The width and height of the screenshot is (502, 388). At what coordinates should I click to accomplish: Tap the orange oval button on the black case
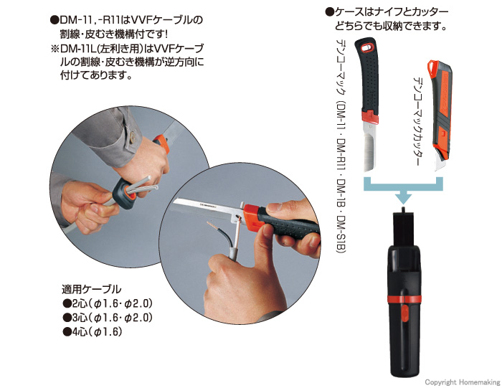(x=404, y=313)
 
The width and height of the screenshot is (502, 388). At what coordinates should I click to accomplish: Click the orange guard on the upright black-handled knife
(x=370, y=116)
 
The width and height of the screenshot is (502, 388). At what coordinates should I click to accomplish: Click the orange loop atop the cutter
(x=432, y=66)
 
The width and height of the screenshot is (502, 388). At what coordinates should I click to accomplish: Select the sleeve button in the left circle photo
(x=132, y=138)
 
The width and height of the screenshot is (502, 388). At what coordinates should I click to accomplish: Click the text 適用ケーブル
(x=91, y=289)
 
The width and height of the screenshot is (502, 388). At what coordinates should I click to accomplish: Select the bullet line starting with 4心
(x=93, y=331)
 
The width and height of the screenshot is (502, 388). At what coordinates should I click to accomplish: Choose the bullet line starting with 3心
(x=108, y=318)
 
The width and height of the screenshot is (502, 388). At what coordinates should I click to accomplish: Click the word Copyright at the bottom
(x=440, y=382)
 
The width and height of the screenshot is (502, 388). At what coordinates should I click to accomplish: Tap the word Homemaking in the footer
(x=479, y=382)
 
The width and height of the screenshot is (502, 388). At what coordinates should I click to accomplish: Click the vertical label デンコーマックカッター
(x=418, y=121)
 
